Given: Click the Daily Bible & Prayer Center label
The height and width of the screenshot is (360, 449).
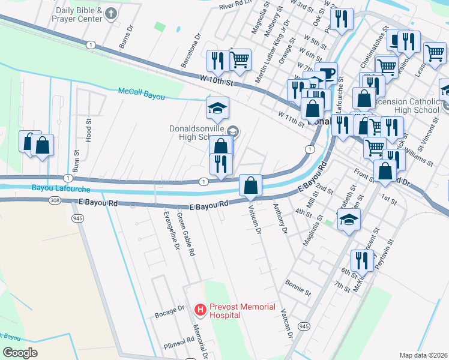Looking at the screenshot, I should [x=78, y=15].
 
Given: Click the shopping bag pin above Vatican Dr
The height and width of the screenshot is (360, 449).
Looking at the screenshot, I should [x=250, y=185].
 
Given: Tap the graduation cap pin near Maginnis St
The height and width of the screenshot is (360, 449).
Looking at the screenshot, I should [x=349, y=219].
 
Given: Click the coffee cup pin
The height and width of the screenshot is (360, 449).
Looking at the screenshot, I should [x=327, y=74].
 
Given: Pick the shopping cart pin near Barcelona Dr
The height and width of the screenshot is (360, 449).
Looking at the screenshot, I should [x=240, y=59].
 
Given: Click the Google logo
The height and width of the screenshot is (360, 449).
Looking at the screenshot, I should [x=20, y=352].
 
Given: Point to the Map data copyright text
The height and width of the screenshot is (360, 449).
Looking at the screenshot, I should [x=423, y=355].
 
